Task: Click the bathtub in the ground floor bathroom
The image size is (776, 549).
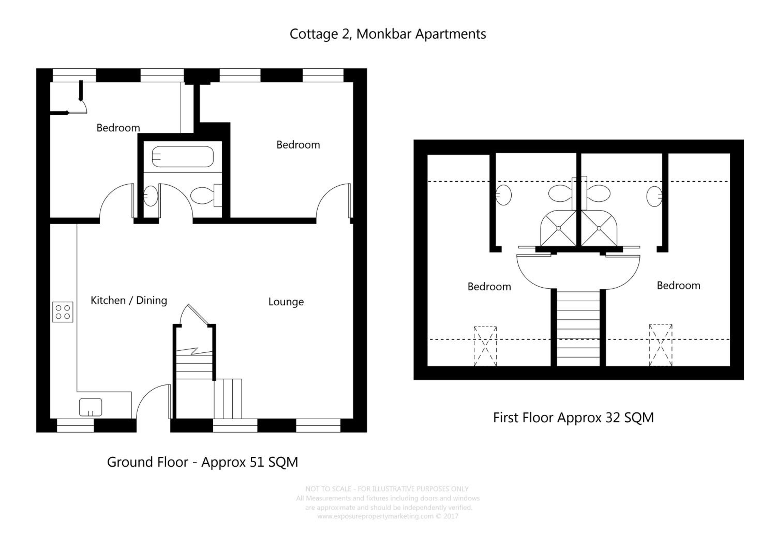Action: click(183, 157)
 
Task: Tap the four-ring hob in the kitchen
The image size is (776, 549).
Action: click(63, 312)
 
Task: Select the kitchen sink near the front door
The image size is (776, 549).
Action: click(91, 407)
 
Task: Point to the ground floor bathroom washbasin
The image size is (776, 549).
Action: click(150, 196)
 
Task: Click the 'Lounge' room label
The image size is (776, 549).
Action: click(286, 302)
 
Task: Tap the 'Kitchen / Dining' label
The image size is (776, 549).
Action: click(129, 301)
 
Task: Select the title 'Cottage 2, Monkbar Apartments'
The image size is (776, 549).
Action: click(388, 34)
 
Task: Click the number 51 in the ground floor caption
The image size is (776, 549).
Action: click(257, 462)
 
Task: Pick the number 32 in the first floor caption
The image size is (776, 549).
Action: click(613, 418)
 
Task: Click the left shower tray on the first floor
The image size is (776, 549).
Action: click(558, 228)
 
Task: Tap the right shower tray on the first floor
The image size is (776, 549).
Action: click(599, 228)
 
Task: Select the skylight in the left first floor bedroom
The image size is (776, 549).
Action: click(485, 346)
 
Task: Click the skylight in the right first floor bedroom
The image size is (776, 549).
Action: click(661, 345)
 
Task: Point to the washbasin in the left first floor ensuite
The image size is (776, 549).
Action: click(504, 195)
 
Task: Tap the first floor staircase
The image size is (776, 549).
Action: click(578, 328)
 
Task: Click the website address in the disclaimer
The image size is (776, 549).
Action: click(375, 516)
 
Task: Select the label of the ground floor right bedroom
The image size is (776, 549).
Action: click(298, 145)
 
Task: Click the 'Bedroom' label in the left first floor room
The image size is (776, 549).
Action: click(489, 287)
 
